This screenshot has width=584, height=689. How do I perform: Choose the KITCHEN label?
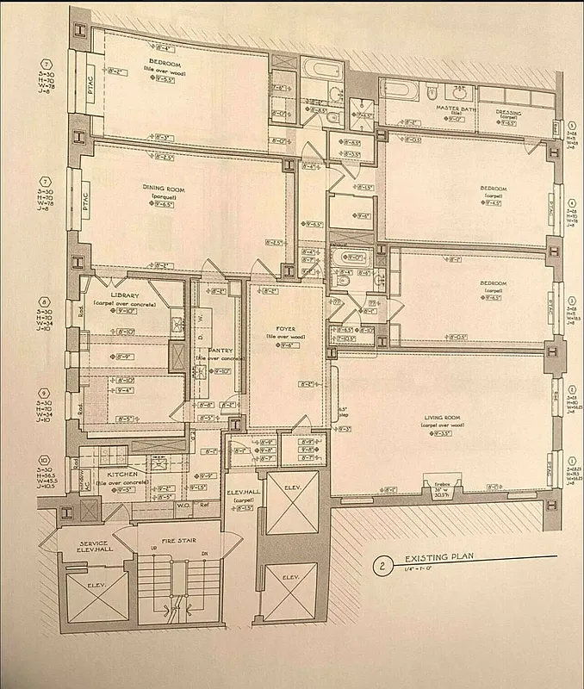115,473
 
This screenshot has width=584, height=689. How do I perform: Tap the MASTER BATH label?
450,108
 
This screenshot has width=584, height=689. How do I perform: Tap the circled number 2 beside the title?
379,566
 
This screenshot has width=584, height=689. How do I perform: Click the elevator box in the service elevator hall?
85,597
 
